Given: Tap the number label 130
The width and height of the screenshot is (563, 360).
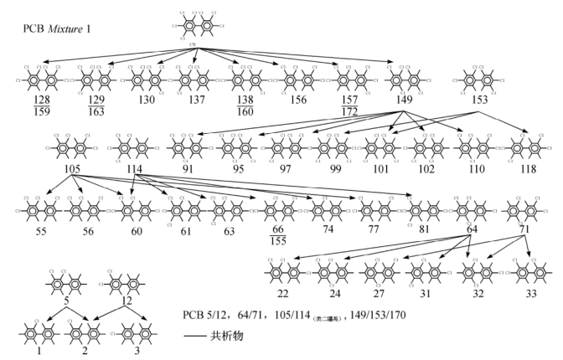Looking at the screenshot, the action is [x=147, y=100].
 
